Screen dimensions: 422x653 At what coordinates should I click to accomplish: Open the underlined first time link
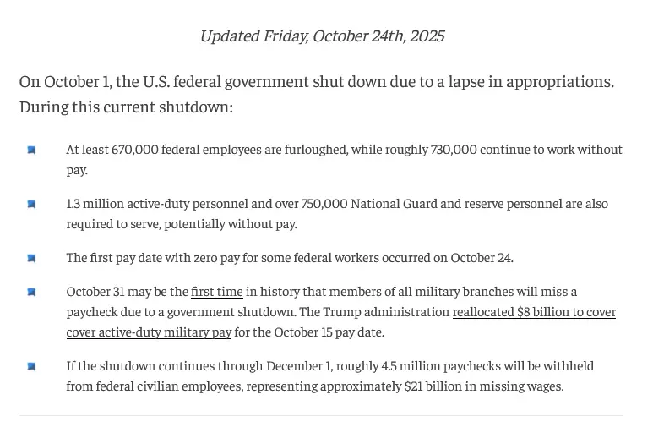(216, 292)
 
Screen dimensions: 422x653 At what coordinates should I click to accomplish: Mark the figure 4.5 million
(387, 366)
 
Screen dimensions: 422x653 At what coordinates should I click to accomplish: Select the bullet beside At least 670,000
(31, 151)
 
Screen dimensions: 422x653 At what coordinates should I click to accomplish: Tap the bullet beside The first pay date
(31, 259)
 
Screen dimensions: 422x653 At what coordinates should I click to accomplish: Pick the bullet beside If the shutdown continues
(31, 367)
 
